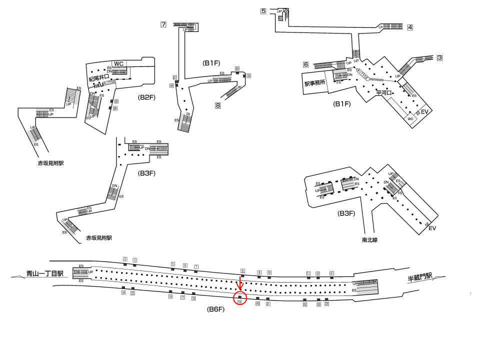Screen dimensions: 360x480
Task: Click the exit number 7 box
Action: [x=163, y=24]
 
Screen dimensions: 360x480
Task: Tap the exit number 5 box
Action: [x=263, y=10]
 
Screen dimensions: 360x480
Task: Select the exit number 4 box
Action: [x=410, y=27]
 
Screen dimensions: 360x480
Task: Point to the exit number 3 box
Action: [x=439, y=57]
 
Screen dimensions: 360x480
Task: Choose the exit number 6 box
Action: [x=305, y=64]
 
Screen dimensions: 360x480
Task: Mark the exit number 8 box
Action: [x=218, y=105]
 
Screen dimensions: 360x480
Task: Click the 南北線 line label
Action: [x=370, y=240]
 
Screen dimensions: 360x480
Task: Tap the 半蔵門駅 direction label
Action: [x=418, y=276]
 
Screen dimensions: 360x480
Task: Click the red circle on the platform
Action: [x=240, y=299]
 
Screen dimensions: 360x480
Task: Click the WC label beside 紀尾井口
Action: [x=118, y=63]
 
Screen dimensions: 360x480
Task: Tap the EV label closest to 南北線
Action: [x=432, y=228]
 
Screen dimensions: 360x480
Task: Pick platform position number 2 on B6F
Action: [x=125, y=259]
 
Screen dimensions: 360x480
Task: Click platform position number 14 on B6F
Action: [x=123, y=293]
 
